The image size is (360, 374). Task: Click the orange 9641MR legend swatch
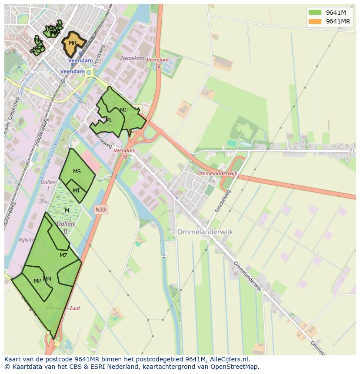[315, 21]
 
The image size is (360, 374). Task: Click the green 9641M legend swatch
[315, 12]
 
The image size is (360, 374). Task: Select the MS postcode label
[77, 172]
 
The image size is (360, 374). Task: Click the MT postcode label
[76, 191]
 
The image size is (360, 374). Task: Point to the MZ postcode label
[63, 255]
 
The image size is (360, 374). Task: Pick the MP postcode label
[37, 281]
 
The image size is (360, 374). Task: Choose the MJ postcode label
[123, 110]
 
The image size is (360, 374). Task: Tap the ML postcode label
[109, 120]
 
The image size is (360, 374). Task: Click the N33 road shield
[100, 209]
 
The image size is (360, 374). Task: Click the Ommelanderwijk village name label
[205, 232]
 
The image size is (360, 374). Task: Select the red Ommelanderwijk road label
[217, 173]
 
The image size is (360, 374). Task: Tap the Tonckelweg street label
[223, 201]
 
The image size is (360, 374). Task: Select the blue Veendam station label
[73, 71]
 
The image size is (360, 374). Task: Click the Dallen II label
[65, 228]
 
